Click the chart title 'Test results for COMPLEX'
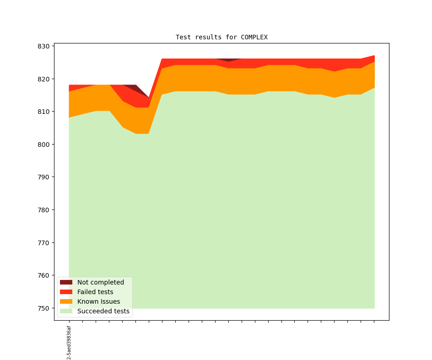[221, 37]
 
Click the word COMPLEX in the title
[254, 37]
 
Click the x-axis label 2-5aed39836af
[69, 342]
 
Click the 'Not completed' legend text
[101, 282]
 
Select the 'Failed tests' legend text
[95, 292]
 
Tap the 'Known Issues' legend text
[98, 301]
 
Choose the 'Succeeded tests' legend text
[103, 311]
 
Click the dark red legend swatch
[66, 282]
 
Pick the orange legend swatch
[66, 301]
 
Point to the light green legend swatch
[66, 311]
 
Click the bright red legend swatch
[66, 292]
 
